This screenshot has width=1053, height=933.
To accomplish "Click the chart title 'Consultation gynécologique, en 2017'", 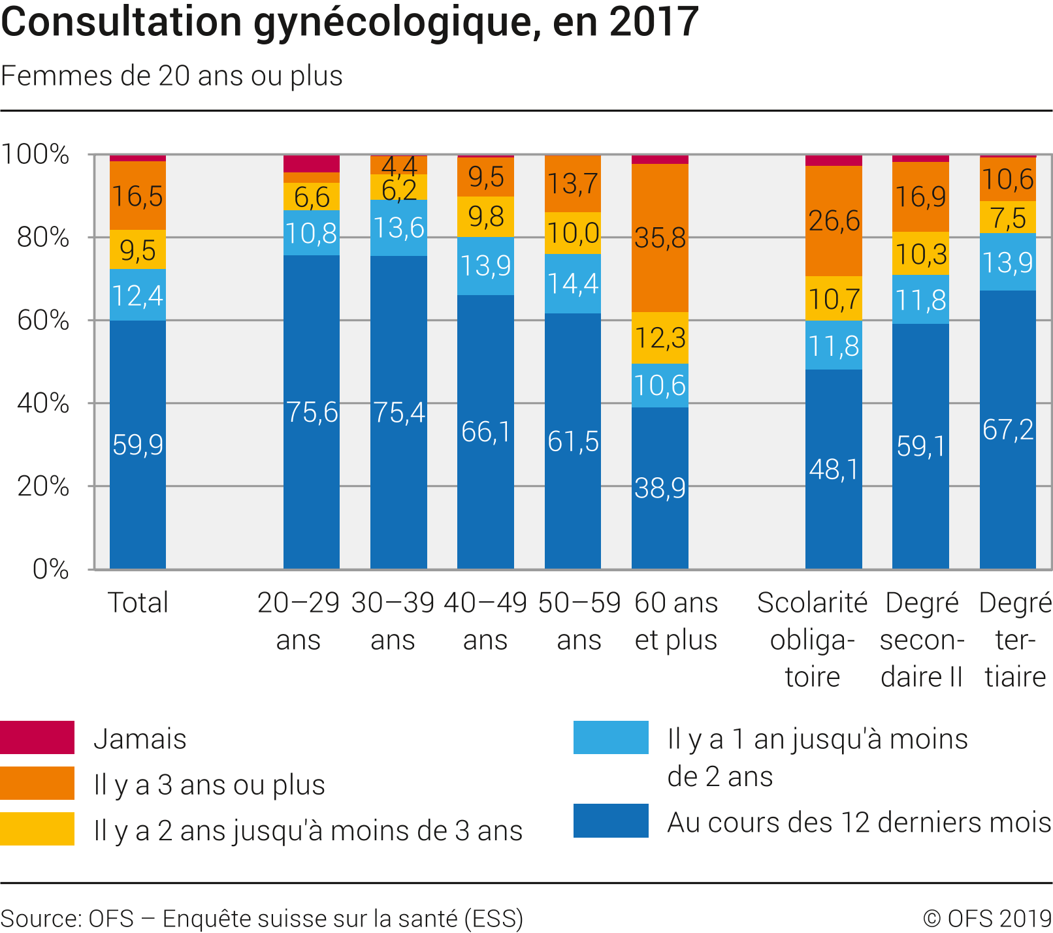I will (349, 22).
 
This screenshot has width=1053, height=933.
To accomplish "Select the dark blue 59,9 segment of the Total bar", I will (137, 444).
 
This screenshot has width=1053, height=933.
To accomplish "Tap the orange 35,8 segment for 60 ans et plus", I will (660, 238).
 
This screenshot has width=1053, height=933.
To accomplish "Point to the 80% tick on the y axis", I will (43, 238).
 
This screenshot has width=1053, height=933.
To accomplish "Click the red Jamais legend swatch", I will (37, 737).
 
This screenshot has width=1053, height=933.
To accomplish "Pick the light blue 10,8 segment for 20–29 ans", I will (312, 233).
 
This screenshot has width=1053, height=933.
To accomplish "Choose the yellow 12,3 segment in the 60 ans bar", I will (660, 338).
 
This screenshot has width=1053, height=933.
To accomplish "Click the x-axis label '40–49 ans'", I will (485, 621).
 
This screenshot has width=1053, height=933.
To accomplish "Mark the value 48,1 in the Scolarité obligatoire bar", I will (834, 469).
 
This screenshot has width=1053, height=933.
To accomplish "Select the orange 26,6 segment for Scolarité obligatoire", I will (834, 221).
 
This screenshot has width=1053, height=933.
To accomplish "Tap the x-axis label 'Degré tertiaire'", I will (1015, 639).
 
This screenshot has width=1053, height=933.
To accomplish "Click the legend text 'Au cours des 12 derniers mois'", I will (859, 822).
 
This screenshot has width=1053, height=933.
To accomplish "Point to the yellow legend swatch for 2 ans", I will (37, 829).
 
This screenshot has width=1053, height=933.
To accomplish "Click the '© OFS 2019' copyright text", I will (987, 918).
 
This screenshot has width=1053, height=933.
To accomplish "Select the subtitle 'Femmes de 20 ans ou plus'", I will (172, 76).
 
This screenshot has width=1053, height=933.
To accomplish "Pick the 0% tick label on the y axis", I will (51, 569).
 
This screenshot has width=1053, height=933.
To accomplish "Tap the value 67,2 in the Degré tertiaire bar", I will (1008, 430).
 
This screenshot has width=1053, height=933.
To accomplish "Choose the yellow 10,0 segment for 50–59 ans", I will (573, 233).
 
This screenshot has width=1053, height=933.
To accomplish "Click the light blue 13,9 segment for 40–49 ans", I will (485, 266).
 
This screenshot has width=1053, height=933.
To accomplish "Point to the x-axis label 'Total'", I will (137, 602).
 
